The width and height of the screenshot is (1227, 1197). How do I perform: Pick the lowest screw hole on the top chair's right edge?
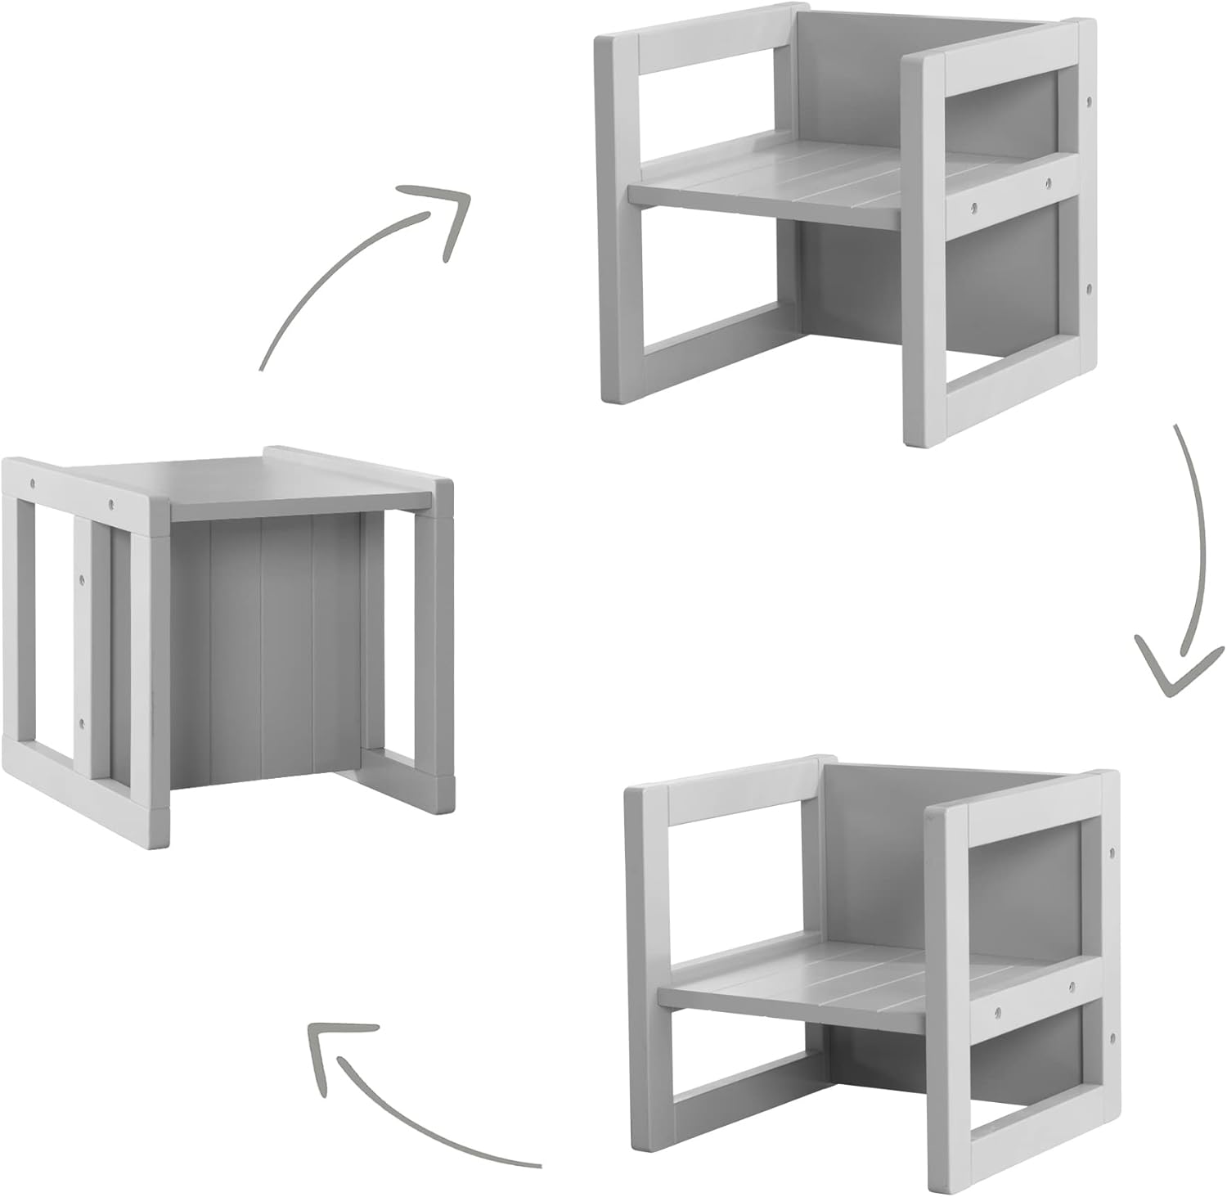pyautogui.click(x=1088, y=289)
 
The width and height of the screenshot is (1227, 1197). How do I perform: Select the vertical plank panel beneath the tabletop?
pyautogui.click(x=262, y=646)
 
